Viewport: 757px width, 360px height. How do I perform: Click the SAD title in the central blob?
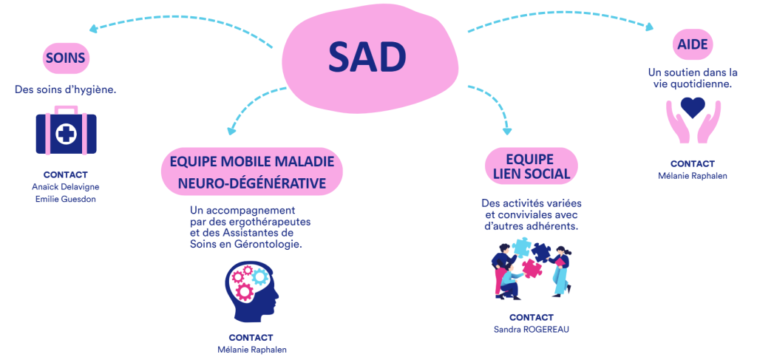click(367, 57)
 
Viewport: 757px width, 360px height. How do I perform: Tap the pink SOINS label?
click(66, 58)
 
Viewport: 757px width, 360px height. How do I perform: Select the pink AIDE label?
click(693, 44)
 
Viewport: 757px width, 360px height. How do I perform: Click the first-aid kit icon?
click(66, 130)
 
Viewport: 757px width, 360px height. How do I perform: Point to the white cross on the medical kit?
click(66, 135)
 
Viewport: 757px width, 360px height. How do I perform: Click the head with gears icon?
click(250, 291)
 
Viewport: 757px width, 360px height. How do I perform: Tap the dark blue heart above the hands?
click(693, 109)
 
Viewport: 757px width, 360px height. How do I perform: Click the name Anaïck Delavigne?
click(66, 186)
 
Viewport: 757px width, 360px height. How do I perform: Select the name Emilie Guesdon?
click(66, 199)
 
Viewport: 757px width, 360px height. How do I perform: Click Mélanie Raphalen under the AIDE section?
click(693, 176)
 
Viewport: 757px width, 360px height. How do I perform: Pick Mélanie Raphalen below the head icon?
click(251, 349)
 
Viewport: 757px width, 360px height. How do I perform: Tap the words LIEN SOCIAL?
click(531, 174)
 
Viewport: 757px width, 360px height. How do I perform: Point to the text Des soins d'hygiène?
click(66, 89)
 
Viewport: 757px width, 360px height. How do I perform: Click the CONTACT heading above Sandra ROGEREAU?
click(531, 317)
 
